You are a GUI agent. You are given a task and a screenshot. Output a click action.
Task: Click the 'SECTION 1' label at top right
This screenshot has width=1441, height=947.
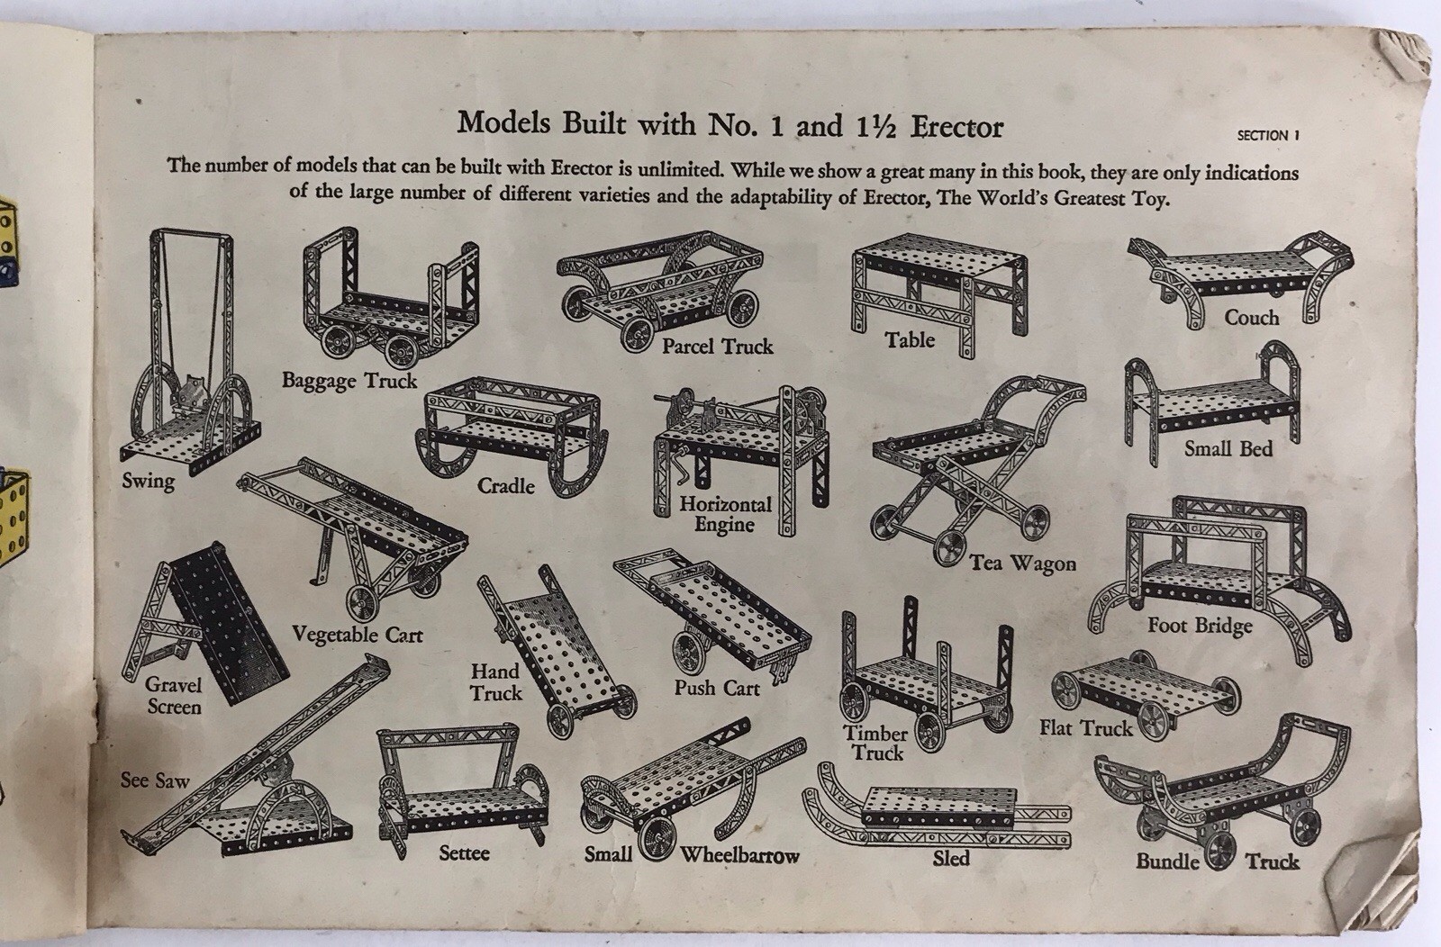[1268, 136]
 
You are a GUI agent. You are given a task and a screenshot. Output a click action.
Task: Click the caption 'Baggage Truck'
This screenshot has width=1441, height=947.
[349, 381]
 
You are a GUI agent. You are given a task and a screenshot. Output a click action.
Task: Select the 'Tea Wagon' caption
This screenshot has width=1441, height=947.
[1022, 564]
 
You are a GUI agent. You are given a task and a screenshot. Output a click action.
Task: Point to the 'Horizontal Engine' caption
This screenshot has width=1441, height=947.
[725, 514]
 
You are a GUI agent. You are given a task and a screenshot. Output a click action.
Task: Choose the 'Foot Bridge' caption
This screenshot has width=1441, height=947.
[1200, 626]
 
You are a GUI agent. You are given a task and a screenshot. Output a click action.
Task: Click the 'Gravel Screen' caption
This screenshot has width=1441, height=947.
[174, 696]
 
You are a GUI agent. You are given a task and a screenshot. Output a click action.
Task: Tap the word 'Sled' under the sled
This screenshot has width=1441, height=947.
[951, 858]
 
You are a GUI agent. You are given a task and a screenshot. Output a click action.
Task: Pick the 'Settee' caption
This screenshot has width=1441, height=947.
[464, 853]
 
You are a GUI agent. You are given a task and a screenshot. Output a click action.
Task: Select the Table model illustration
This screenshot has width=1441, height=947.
[938, 293]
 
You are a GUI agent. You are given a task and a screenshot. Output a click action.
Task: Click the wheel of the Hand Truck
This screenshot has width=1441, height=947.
[560, 720]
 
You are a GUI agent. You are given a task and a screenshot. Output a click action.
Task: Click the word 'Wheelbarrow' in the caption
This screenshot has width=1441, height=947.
[739, 855]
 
